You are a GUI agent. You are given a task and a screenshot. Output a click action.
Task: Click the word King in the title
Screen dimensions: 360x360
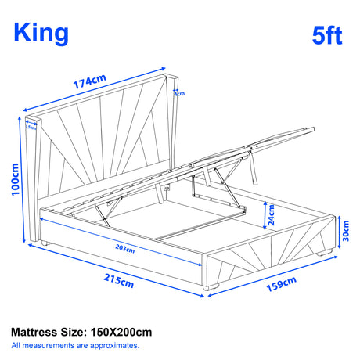click(x=41, y=32)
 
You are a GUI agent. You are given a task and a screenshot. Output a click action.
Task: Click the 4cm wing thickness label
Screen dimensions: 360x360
click(x=179, y=94)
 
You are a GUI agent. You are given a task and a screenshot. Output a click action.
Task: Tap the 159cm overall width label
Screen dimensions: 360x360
click(x=279, y=287)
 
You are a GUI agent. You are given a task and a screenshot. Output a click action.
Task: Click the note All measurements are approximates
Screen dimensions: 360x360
click(x=75, y=344)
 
